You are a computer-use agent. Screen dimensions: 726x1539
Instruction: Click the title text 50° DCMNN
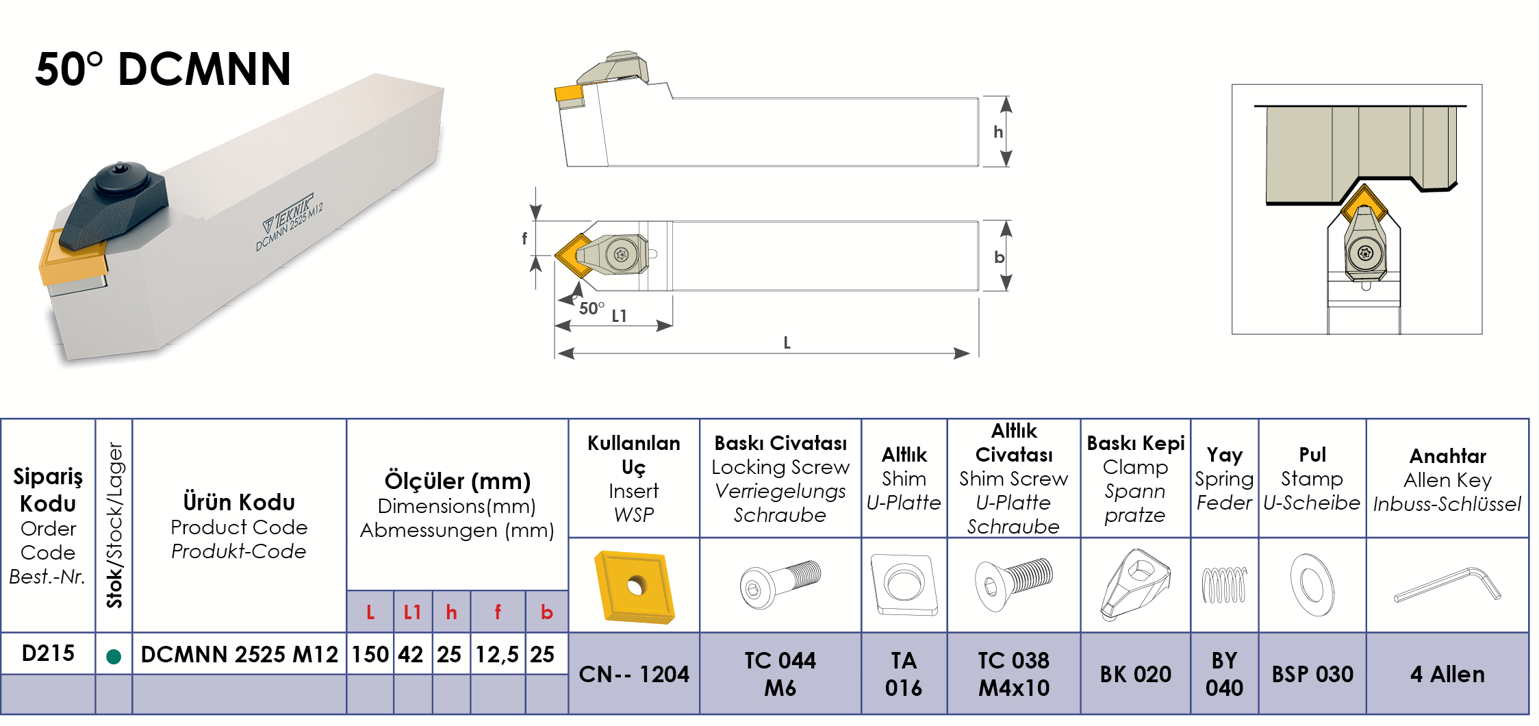click(x=163, y=69)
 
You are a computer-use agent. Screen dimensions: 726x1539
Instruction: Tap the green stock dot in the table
click(x=114, y=657)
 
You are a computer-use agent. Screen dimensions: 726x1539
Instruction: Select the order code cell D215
click(x=48, y=653)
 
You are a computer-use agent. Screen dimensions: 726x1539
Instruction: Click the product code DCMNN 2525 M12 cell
click(x=239, y=655)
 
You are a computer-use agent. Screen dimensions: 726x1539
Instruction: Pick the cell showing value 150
click(x=370, y=655)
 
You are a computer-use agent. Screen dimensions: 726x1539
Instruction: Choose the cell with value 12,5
click(x=497, y=655)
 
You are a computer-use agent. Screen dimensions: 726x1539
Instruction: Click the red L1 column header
click(x=412, y=612)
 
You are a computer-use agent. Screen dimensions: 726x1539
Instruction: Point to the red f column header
click(x=498, y=612)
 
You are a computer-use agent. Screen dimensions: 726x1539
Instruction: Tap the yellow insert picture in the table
click(x=635, y=586)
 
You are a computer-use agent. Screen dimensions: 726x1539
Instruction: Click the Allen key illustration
click(x=1447, y=586)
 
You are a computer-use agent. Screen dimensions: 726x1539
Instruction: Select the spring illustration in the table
click(x=1224, y=586)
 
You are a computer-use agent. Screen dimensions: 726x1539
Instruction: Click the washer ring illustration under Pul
click(x=1312, y=585)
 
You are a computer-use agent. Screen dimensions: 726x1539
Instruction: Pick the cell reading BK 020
click(x=1135, y=675)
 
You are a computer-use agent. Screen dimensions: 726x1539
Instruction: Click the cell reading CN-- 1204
click(x=634, y=675)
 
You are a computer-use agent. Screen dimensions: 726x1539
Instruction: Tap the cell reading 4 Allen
click(x=1447, y=675)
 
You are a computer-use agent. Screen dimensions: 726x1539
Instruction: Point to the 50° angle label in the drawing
click(x=592, y=308)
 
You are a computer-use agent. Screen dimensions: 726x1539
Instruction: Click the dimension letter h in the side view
click(x=998, y=132)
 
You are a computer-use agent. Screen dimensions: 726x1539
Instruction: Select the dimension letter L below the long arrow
click(x=787, y=342)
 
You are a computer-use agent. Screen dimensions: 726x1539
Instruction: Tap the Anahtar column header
click(x=1447, y=456)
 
